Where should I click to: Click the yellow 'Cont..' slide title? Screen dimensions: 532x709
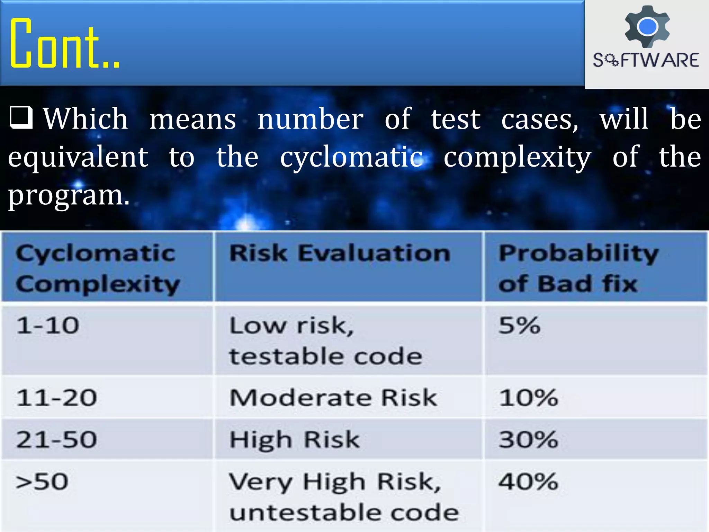coord(65,43)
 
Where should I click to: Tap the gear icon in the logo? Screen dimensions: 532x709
coord(647,26)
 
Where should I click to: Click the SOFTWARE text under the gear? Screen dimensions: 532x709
coord(646,60)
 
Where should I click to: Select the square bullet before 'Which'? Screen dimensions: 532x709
coord(21,117)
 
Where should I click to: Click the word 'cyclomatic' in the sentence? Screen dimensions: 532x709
coord(351,157)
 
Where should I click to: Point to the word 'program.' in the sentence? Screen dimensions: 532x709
coord(69,195)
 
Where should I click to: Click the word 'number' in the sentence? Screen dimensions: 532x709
coord(311,119)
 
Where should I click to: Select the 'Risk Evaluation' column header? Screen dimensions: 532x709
coord(340,253)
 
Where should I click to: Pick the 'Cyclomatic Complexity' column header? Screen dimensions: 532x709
coord(98,268)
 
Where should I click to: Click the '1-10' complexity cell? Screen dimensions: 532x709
coord(48,326)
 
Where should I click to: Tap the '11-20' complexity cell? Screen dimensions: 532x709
coord(57,398)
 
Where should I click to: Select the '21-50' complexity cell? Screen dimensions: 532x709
coord(57,440)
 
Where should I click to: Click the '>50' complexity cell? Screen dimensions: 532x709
coord(42,482)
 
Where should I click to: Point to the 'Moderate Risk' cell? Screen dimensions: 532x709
coord(333,398)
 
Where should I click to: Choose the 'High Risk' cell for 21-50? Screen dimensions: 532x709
coord(295,440)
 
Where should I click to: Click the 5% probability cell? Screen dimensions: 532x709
coord(519,326)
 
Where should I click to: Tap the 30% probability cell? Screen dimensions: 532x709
coord(528,440)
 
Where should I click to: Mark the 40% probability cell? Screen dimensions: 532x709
coord(528,482)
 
